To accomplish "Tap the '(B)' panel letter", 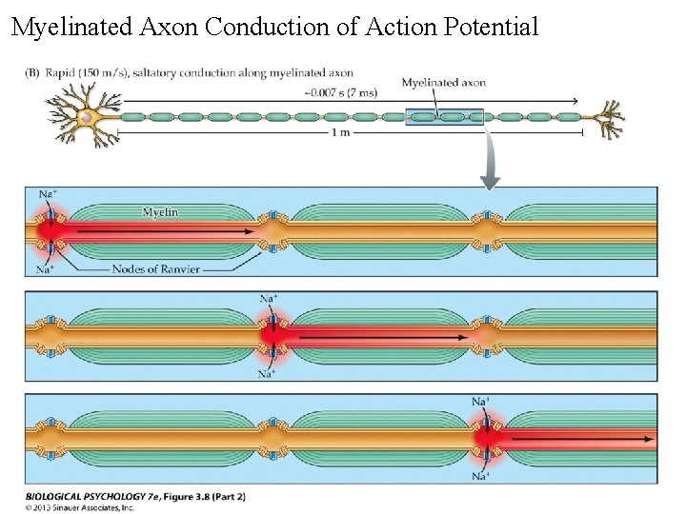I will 31,72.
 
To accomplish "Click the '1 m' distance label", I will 340,133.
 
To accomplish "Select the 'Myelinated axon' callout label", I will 443,83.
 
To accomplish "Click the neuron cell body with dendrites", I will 85,114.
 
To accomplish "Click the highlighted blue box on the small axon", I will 445,117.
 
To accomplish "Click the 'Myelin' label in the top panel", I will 160,211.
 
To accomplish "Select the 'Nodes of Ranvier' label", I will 156,269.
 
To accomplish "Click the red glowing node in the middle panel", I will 271,335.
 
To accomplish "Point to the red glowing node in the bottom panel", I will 487,439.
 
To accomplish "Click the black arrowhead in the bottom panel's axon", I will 650,440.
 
